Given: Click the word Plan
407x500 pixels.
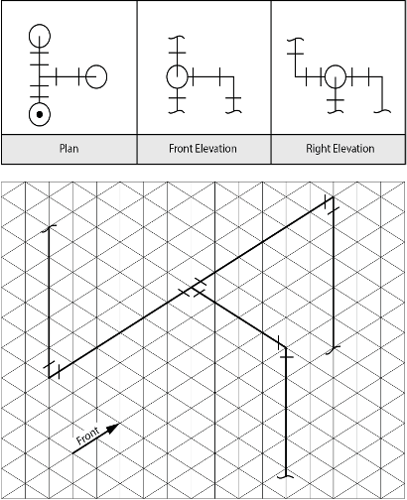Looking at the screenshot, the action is [69, 148].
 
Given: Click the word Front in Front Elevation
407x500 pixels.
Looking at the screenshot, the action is [181, 148].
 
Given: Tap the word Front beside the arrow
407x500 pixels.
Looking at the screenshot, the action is [87, 436].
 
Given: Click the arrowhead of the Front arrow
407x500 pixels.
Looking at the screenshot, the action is [113, 428].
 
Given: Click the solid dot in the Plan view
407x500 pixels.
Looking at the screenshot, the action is [40, 114].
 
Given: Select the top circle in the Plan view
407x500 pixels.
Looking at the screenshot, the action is [40, 36].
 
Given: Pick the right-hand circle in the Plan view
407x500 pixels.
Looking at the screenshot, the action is [96, 76].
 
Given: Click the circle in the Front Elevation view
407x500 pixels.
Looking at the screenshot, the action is [177, 76].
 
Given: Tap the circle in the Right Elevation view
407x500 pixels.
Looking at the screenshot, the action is [336, 76].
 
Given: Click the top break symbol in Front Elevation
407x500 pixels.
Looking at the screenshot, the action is [177, 38].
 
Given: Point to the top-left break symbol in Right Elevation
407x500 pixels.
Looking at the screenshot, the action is [296, 40].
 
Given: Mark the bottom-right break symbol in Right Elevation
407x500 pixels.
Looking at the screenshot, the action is [382, 111].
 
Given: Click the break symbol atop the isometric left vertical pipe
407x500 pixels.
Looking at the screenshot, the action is [49, 228].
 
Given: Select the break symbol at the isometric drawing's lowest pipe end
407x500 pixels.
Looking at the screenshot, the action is [286, 476].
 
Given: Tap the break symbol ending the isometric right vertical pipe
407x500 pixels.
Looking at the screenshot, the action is [334, 350].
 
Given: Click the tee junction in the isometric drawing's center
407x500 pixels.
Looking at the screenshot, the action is [192, 288].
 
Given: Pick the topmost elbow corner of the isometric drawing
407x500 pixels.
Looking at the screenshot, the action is [334, 197].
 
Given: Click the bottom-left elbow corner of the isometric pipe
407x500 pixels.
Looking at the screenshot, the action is [49, 378].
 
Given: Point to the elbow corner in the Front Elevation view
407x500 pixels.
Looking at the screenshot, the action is [234, 77].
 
